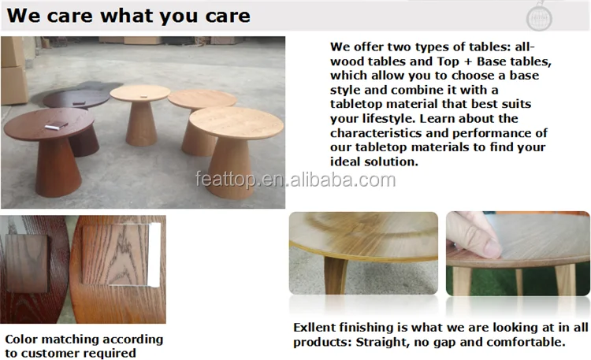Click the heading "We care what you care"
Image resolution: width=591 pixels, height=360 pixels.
[x=128, y=16]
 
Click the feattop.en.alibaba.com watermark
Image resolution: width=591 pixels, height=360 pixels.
[x=295, y=180]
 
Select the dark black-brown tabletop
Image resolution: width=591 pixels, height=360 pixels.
[x=76, y=98]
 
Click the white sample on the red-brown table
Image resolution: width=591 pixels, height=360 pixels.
[x=56, y=126]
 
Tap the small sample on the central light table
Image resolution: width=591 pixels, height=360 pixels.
[x=143, y=96]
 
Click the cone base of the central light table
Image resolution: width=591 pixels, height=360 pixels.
[x=141, y=124]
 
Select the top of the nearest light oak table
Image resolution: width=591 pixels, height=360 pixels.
[x=236, y=123]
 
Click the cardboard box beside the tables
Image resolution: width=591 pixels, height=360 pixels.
[x=13, y=72]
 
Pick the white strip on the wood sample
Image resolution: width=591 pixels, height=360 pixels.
[x=154, y=254]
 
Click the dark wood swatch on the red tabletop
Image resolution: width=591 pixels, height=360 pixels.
[x=27, y=263]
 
